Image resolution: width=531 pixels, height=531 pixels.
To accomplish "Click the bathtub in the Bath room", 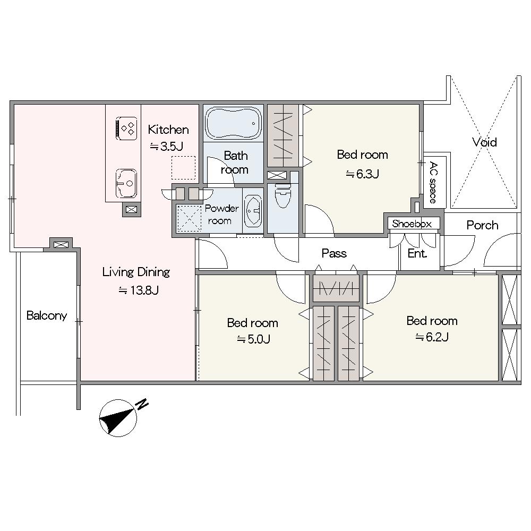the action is click(233, 123).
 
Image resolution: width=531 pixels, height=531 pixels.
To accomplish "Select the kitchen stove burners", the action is click(127, 129).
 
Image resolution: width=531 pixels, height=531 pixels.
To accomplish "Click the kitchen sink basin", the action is click(126, 183).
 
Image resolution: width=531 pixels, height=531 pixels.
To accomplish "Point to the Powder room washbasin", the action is click(253, 211).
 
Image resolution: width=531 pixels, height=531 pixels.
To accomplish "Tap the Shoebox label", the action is click(412, 224).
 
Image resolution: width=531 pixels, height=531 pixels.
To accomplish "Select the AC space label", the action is click(433, 183).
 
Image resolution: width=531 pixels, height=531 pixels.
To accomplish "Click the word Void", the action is click(485, 142).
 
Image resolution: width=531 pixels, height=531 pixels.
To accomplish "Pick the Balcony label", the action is click(47, 315).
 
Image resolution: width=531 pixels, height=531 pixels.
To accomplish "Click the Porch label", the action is click(482, 225).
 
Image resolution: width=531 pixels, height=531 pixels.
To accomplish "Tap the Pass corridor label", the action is click(334, 253).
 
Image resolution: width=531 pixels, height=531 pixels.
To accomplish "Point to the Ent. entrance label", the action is click(417, 253).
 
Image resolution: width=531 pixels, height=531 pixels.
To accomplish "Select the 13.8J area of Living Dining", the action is click(139, 290).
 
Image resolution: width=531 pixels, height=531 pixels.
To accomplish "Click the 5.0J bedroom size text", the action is click(253, 339).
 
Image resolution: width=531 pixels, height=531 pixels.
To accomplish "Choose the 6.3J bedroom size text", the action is click(362, 174).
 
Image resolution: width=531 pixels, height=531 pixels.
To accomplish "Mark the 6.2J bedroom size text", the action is click(432, 337).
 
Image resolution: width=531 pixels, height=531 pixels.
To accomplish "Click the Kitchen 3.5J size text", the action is click(166, 147).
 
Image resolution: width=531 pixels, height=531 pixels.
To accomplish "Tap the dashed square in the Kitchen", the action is click(184, 167).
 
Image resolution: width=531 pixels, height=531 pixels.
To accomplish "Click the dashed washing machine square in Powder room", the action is click(190, 219).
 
